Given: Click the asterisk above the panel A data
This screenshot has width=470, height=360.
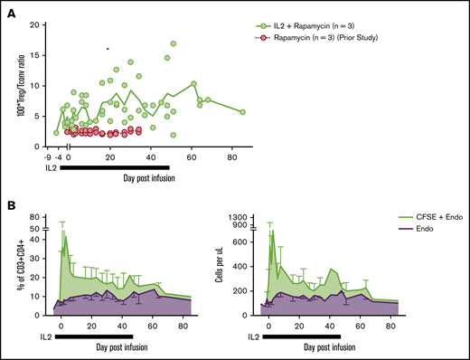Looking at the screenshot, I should (x=108, y=50).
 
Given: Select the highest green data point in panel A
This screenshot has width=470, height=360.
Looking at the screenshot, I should (x=173, y=43).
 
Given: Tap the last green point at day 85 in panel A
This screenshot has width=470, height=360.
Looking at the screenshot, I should (x=242, y=112).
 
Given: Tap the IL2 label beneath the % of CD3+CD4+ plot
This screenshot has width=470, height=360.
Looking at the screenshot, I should (x=37, y=336).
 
